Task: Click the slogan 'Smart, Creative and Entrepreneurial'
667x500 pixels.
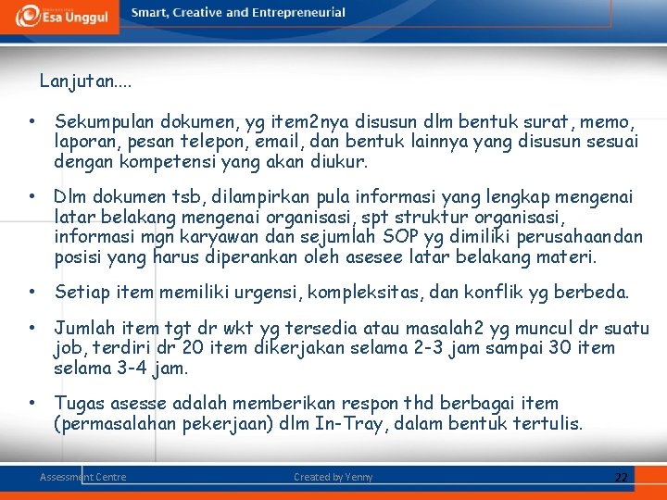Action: tap(238, 13)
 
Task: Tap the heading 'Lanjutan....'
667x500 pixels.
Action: tap(85, 81)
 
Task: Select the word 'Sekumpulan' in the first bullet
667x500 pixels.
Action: tap(104, 121)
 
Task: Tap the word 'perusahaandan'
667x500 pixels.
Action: tap(585, 238)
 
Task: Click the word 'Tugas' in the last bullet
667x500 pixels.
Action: tap(80, 404)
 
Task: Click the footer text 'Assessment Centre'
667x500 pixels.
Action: tap(82, 477)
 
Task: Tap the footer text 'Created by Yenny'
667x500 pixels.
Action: tap(333, 477)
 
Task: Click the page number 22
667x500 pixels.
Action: tap(621, 478)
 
